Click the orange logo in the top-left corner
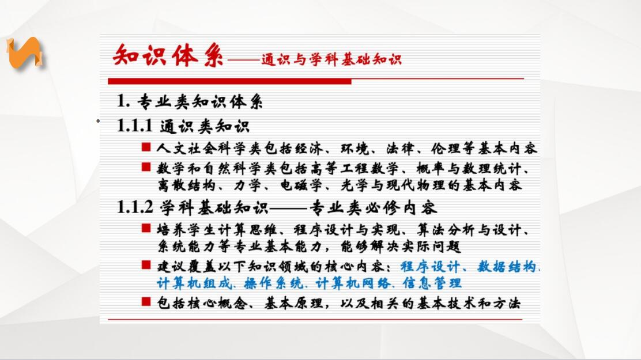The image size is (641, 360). pos(24,52)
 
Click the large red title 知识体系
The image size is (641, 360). pos(168,55)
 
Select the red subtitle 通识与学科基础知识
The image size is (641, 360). pos(331,60)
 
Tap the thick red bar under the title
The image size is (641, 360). pos(229,82)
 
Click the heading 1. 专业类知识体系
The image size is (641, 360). pos(190,101)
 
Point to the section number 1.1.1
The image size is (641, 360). pos(134,126)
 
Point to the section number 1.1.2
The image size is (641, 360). pos(135,207)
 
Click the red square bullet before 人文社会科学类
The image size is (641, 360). pos(146,147)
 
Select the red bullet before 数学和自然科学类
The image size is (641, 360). pos(146,166)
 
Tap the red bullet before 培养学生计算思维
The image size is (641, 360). pos(146,228)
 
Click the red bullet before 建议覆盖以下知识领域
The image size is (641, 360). pos(146,265)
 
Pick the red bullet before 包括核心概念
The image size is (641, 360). pos(146,302)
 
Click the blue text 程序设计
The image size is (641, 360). pos(429,267)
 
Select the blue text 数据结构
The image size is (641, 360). pos(507,267)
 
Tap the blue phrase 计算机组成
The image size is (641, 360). pos(194,283)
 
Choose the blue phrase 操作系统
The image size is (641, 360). pos(273,283)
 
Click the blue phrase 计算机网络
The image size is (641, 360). pos(353,283)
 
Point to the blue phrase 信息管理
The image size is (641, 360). pos(432,283)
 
